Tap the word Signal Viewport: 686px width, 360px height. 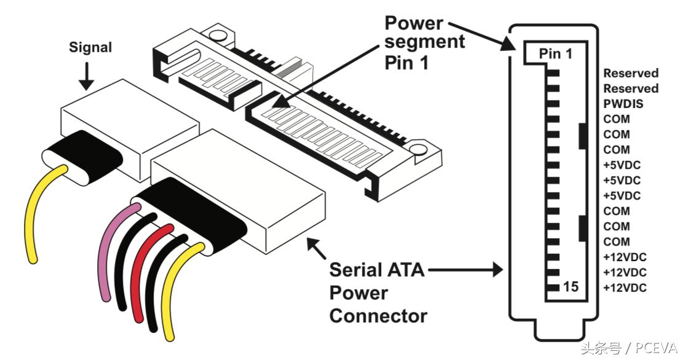(91, 47)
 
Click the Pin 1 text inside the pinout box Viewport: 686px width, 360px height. (556, 54)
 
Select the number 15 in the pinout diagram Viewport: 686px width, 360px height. (570, 287)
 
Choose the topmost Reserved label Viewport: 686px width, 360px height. (631, 73)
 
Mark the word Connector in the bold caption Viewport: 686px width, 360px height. (377, 316)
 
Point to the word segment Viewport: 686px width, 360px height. (425, 42)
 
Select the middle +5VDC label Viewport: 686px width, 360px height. (621, 181)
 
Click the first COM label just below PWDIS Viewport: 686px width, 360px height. (617, 119)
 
